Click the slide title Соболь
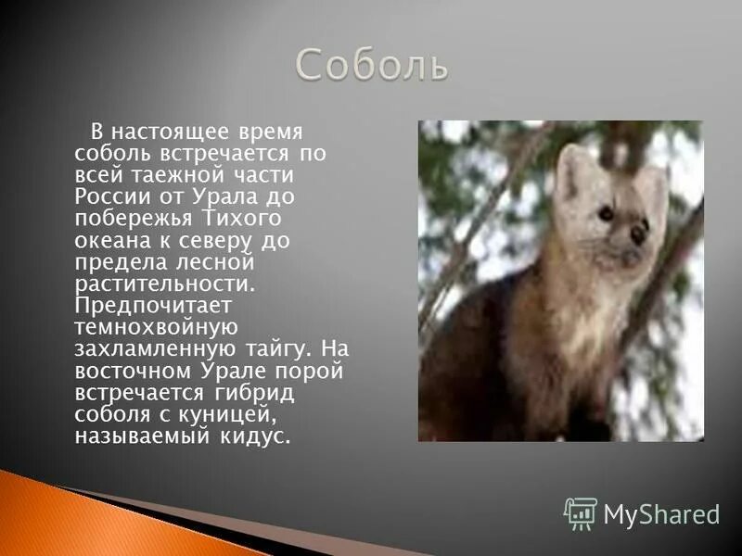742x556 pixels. pyautogui.click(x=372, y=65)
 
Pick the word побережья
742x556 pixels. pyautogui.click(x=128, y=218)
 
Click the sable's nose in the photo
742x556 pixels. pyautogui.click(x=638, y=234)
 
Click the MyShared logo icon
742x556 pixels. pyautogui.click(x=581, y=512)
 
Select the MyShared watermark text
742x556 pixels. pyautogui.click(x=661, y=514)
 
